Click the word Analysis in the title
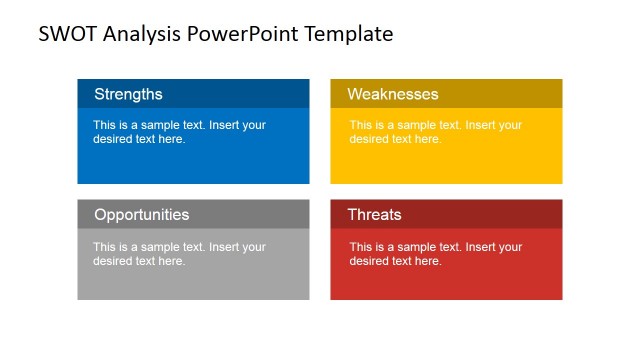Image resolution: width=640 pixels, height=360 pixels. [x=139, y=34]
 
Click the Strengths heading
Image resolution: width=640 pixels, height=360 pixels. [x=128, y=94]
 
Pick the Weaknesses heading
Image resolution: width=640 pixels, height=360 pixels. [x=393, y=94]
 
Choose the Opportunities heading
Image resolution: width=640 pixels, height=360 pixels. [x=141, y=214]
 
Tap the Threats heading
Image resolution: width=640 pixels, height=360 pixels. [x=374, y=214]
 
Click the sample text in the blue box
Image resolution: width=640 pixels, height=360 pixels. [x=179, y=132]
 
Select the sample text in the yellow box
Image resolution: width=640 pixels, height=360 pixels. [x=435, y=132]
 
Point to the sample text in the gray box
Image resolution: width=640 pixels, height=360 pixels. [x=179, y=253]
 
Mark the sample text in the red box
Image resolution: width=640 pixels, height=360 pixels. [x=435, y=253]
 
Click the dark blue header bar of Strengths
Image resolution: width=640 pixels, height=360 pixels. [x=250, y=94]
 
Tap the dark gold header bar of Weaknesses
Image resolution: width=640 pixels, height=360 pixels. [x=510, y=94]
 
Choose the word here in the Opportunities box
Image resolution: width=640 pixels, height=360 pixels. [x=171, y=261]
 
